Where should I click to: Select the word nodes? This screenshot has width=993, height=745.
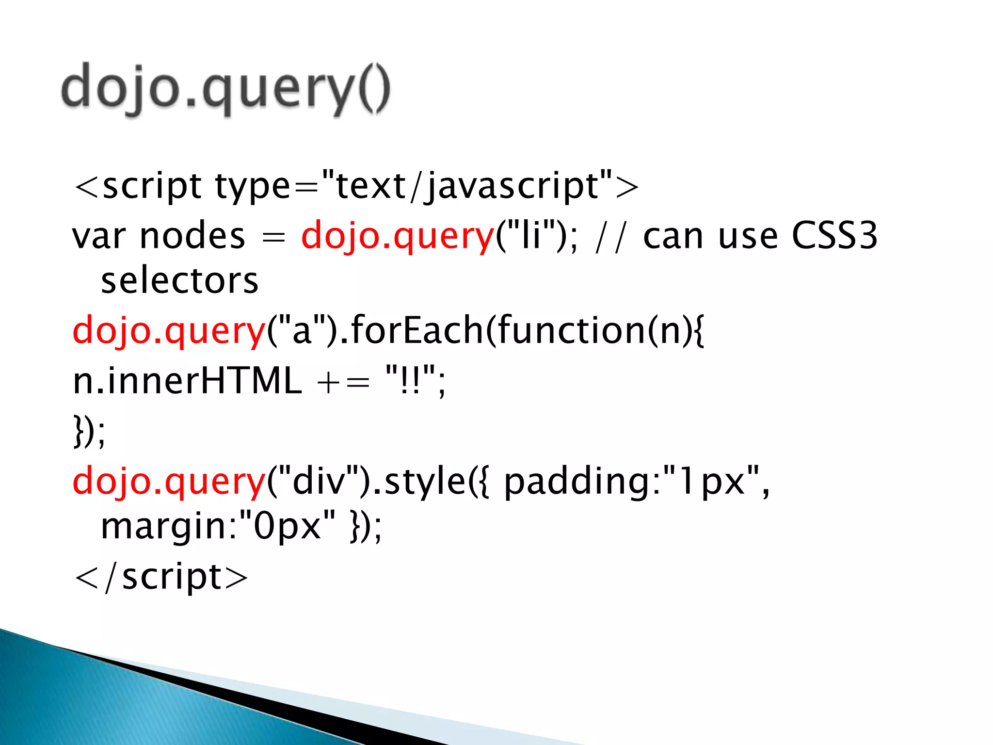coord(192,237)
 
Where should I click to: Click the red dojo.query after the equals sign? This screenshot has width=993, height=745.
coord(397,237)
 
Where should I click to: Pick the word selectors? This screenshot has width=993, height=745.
coord(179,281)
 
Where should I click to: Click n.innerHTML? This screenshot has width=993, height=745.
coord(187,381)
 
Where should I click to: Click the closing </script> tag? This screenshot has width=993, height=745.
coord(161,578)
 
